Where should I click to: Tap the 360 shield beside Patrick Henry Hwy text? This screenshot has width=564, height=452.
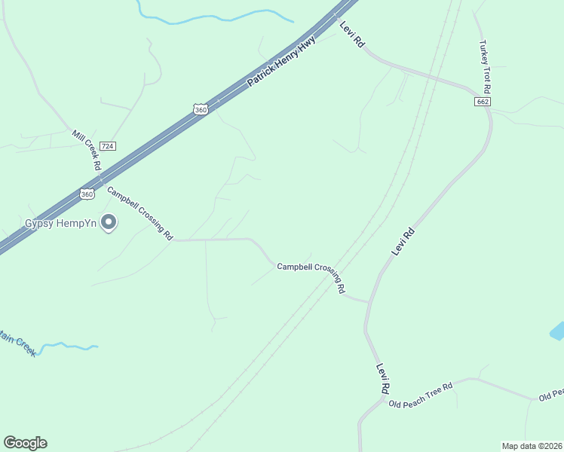pyautogui.click(x=200, y=109)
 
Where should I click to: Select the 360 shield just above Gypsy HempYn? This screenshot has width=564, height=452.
pyautogui.click(x=87, y=194)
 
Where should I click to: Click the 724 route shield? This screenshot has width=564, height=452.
pyautogui.click(x=108, y=145)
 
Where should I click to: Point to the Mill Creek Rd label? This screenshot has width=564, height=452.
pyautogui.click(x=87, y=150)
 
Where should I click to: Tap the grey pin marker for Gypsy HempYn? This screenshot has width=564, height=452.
pyautogui.click(x=109, y=222)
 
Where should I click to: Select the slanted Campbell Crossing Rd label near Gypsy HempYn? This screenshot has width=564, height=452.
pyautogui.click(x=140, y=213)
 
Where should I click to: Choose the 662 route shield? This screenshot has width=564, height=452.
pyautogui.click(x=483, y=102)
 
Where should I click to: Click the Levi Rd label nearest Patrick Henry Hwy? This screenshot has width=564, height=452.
pyautogui.click(x=352, y=35)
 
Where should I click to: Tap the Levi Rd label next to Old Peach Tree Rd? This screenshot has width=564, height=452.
pyautogui.click(x=383, y=379)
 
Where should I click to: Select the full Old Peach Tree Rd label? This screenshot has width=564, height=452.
pyautogui.click(x=420, y=395)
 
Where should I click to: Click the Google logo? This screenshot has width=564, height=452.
pyautogui.click(x=25, y=443)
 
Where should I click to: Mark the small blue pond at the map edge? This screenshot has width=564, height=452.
pyautogui.click(x=558, y=331)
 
